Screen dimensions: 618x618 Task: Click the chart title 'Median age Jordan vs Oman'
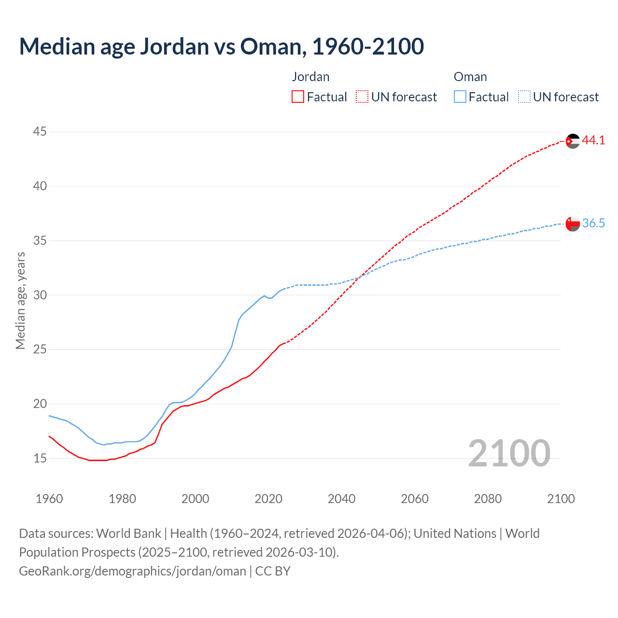221,46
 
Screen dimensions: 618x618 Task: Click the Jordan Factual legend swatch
298,97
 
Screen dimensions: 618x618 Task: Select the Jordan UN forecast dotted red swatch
362,97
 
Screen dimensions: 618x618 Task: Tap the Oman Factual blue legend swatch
460,97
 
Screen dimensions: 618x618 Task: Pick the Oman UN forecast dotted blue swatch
524,97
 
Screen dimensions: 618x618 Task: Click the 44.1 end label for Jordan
593,140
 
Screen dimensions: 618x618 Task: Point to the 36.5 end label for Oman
593,223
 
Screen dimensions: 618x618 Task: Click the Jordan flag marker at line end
573,141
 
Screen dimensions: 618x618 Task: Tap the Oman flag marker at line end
573,224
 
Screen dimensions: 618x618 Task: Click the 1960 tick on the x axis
49,499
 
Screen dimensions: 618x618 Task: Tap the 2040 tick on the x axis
341,499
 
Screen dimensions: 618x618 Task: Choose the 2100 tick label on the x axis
561,499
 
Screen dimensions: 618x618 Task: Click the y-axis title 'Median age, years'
20,300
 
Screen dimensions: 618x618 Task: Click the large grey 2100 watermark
509,453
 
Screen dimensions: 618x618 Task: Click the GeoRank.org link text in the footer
132,571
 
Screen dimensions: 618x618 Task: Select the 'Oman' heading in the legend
470,77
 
